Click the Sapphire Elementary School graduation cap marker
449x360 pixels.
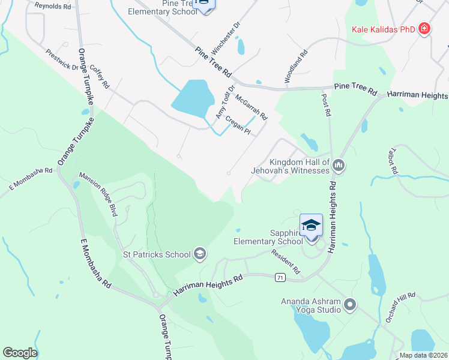[311, 226]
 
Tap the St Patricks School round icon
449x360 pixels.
[200, 254]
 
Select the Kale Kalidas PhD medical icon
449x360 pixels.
[424, 29]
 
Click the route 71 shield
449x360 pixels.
[280, 277]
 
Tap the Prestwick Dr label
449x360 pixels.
[62, 59]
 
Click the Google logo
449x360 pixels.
[19, 353]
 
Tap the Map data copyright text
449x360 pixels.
[423, 355]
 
